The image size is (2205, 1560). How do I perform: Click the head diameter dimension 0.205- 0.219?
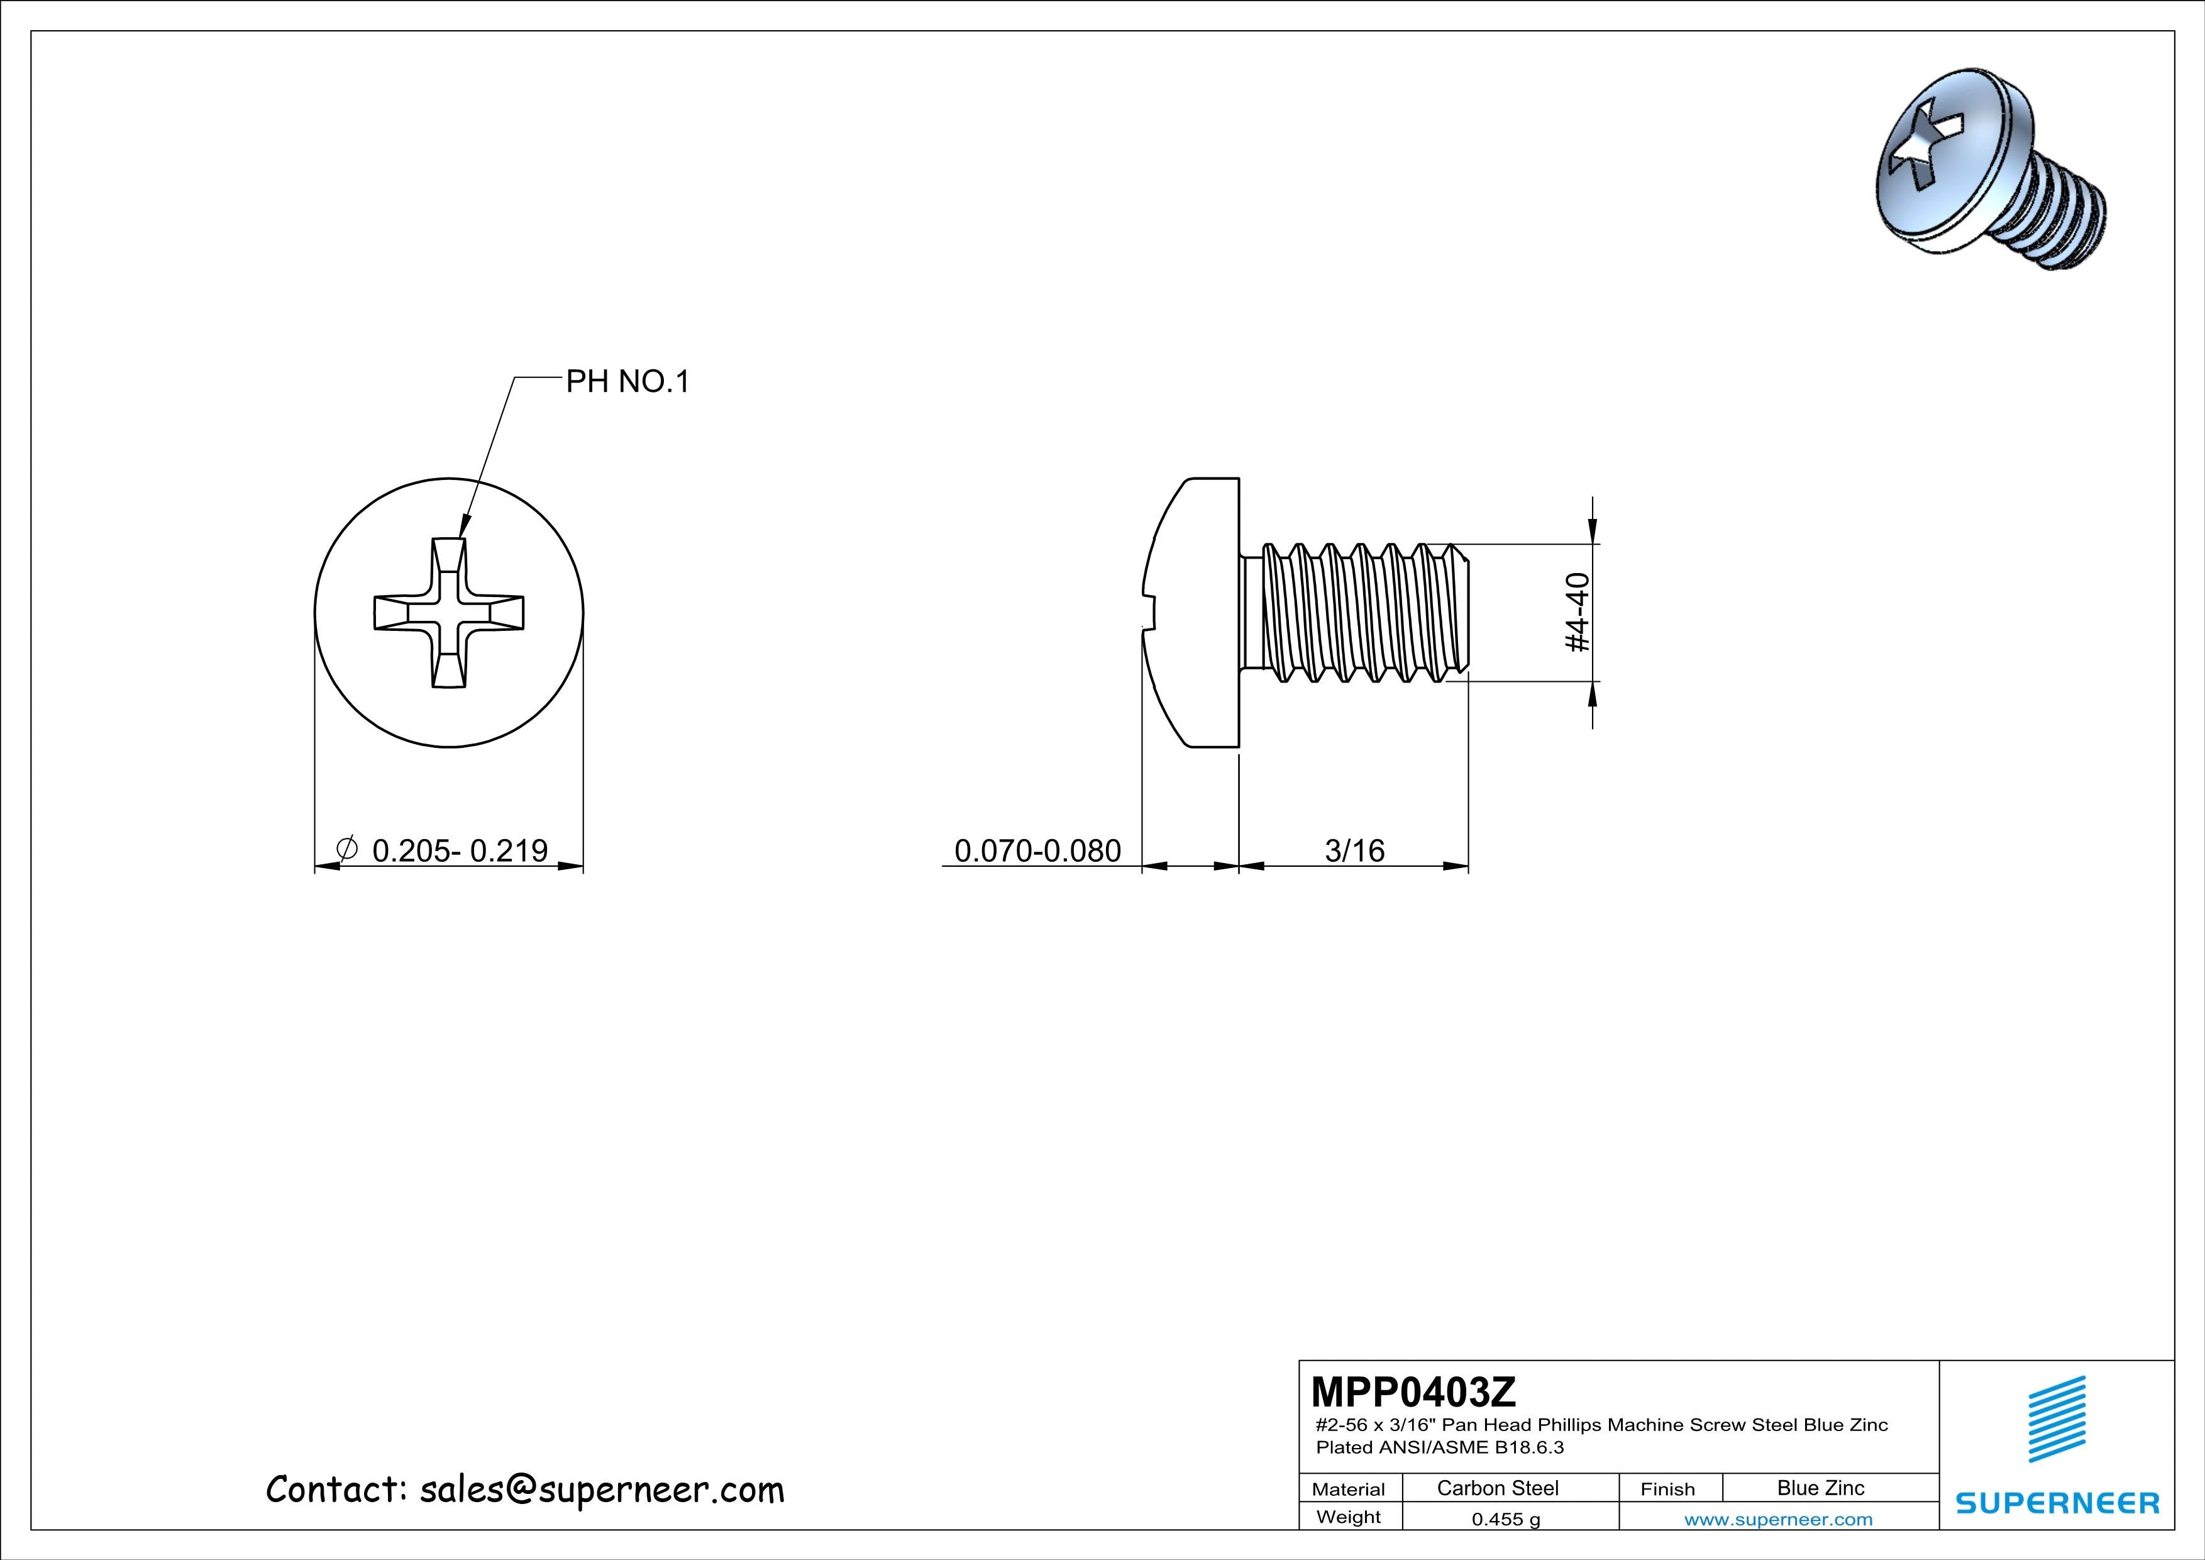tap(459, 850)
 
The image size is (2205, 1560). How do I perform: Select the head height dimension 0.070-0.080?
tap(1037, 850)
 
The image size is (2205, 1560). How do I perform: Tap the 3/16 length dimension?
tap(1354, 850)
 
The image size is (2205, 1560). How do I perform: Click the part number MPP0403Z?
tap(1413, 1390)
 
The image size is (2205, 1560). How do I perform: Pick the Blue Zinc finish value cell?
tap(1821, 1488)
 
